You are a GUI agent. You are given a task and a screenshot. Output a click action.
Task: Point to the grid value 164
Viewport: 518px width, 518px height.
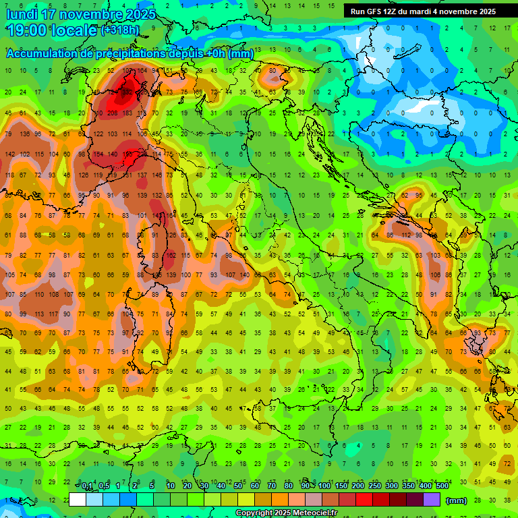[142, 70]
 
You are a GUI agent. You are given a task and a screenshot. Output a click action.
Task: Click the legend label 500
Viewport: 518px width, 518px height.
[442, 486]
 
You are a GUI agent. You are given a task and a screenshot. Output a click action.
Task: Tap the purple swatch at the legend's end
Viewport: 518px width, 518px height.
[432, 499]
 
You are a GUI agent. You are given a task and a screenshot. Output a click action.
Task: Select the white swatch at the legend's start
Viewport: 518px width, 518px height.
[78, 499]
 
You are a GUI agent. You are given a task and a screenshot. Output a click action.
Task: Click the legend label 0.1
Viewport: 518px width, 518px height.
[87, 486]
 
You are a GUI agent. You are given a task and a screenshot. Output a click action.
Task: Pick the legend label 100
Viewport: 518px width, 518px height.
[324, 486]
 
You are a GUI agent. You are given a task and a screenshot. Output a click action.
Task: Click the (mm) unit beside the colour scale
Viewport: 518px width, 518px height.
[457, 500]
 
